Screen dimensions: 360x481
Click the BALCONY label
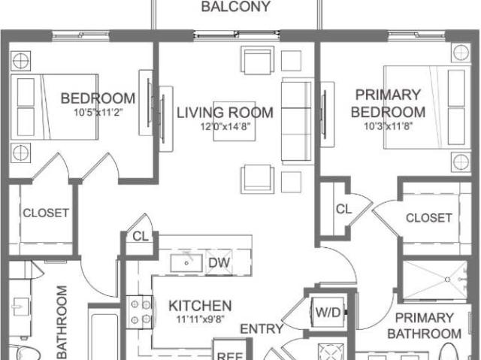pyautogui.click(x=235, y=8)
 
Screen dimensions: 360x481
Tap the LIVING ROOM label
pyautogui.click(x=225, y=113)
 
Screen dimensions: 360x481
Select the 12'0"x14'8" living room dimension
pyautogui.click(x=225, y=126)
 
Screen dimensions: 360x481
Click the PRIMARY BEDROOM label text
pyautogui.click(x=387, y=104)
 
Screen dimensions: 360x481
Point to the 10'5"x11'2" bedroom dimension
pyautogui.click(x=98, y=112)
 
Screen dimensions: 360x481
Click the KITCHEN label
pyautogui.click(x=199, y=306)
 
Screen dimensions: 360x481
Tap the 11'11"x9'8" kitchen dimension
pyautogui.click(x=199, y=319)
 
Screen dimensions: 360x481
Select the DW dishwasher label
pyautogui.click(x=219, y=262)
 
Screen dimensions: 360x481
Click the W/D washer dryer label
pyautogui.click(x=326, y=311)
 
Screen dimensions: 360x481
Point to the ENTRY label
pyautogui.click(x=262, y=329)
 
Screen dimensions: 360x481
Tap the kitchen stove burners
pyautogui.click(x=140, y=313)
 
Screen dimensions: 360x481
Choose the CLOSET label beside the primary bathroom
pyautogui.click(x=429, y=218)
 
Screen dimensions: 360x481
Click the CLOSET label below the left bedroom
pyautogui.click(x=46, y=213)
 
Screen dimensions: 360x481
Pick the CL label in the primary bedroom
pyautogui.click(x=343, y=210)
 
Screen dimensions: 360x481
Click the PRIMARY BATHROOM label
pyautogui.click(x=424, y=325)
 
